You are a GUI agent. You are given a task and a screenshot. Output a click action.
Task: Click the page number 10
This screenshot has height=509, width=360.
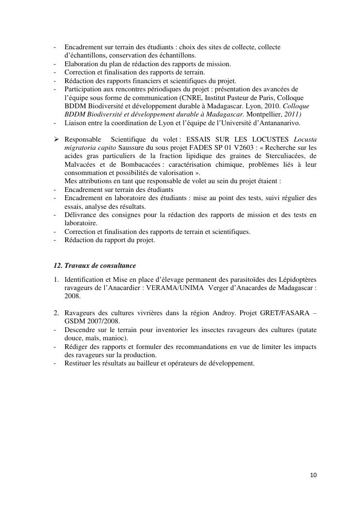[x=314, y=475]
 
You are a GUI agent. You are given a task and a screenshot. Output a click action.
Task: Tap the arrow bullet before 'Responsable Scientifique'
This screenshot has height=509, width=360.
[x=56, y=139]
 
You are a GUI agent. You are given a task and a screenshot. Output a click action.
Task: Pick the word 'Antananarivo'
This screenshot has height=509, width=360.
[x=278, y=123]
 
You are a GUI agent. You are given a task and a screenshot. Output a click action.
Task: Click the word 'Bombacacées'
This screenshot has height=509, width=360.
[x=140, y=164]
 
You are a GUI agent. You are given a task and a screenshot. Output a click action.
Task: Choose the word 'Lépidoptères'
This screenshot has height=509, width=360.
[x=299, y=279]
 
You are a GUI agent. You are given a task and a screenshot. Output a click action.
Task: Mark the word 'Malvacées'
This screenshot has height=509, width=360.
[x=79, y=164]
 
